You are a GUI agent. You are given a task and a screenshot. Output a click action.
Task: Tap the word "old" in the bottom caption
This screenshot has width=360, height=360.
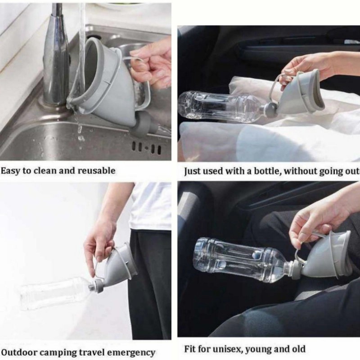tap(299, 349)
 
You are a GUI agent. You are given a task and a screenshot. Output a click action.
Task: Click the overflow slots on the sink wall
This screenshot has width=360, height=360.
tap(147, 147)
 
